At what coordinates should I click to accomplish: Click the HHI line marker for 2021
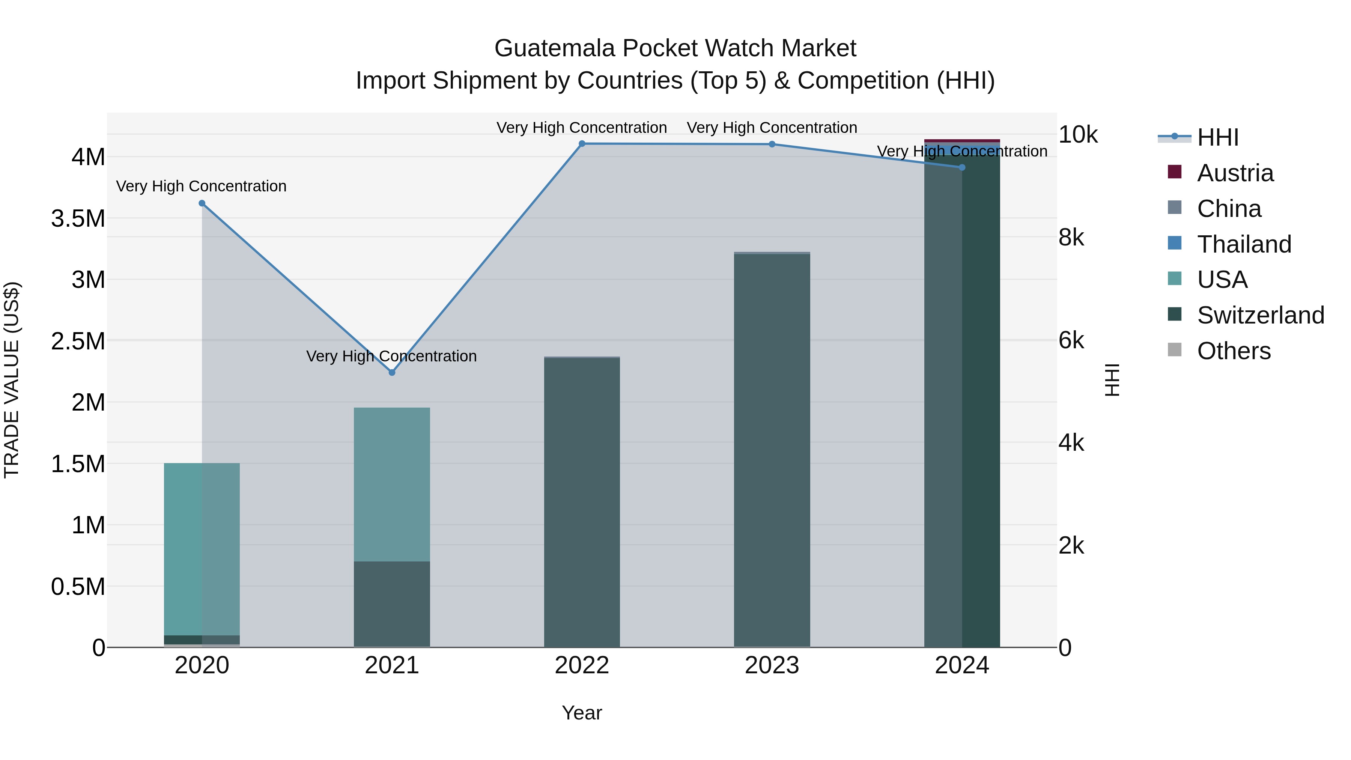pyautogui.click(x=392, y=372)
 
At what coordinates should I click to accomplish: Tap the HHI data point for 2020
pyautogui.click(x=202, y=203)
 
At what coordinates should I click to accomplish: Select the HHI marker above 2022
pyautogui.click(x=582, y=144)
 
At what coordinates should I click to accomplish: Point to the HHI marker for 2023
pyautogui.click(x=772, y=144)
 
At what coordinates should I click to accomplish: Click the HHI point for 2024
pyautogui.click(x=962, y=167)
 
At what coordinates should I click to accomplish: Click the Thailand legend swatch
pyautogui.click(x=1175, y=243)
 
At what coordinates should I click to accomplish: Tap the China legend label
pyautogui.click(x=1229, y=209)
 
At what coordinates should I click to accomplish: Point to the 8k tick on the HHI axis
pyautogui.click(x=1071, y=238)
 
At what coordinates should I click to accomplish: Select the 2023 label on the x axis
pyautogui.click(x=772, y=665)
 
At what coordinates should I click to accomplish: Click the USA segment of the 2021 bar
pyautogui.click(x=392, y=484)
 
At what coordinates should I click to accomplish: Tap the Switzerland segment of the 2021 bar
pyautogui.click(x=392, y=603)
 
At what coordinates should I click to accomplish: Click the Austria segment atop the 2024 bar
pyautogui.click(x=962, y=141)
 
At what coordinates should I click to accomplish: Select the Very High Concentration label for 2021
pyautogui.click(x=391, y=356)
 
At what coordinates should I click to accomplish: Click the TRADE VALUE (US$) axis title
pyautogui.click(x=12, y=380)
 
